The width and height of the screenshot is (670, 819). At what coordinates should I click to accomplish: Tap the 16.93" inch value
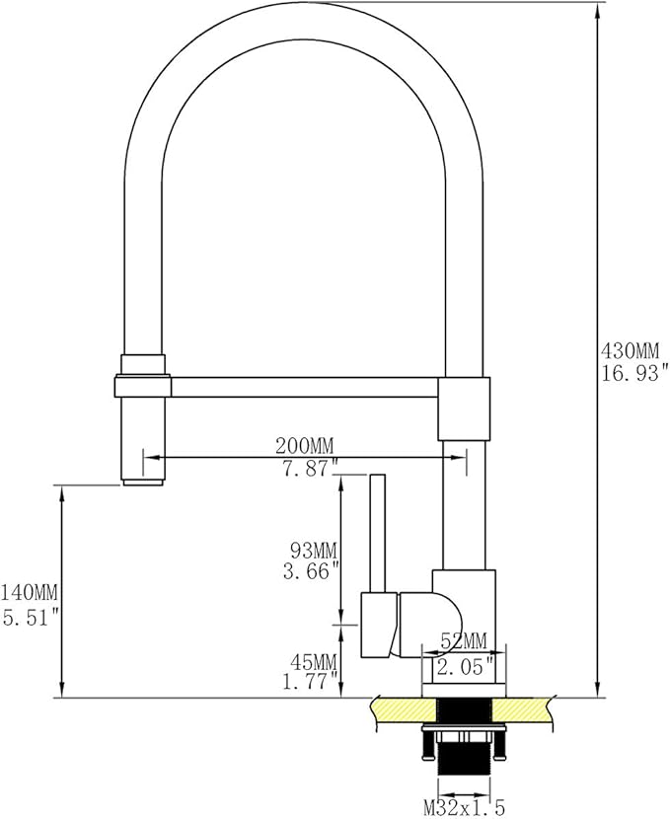(633, 372)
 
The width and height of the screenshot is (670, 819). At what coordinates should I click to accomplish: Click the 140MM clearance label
(30, 593)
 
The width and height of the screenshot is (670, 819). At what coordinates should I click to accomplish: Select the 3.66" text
(312, 570)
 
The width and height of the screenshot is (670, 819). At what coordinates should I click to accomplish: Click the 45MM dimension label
(312, 660)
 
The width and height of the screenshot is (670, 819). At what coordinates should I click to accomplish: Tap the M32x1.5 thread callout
(464, 808)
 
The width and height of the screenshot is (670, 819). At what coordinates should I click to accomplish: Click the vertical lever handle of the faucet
(376, 533)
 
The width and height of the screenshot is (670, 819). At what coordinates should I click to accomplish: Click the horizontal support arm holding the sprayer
(296, 387)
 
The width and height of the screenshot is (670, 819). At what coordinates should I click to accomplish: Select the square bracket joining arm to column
(463, 407)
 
